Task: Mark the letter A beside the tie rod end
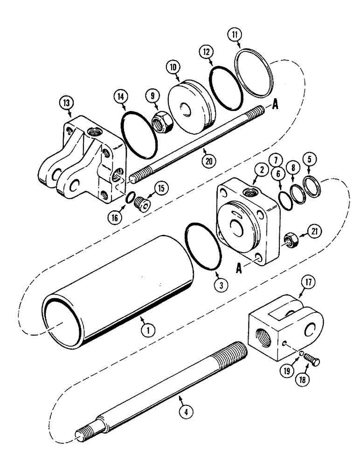click(276, 105)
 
